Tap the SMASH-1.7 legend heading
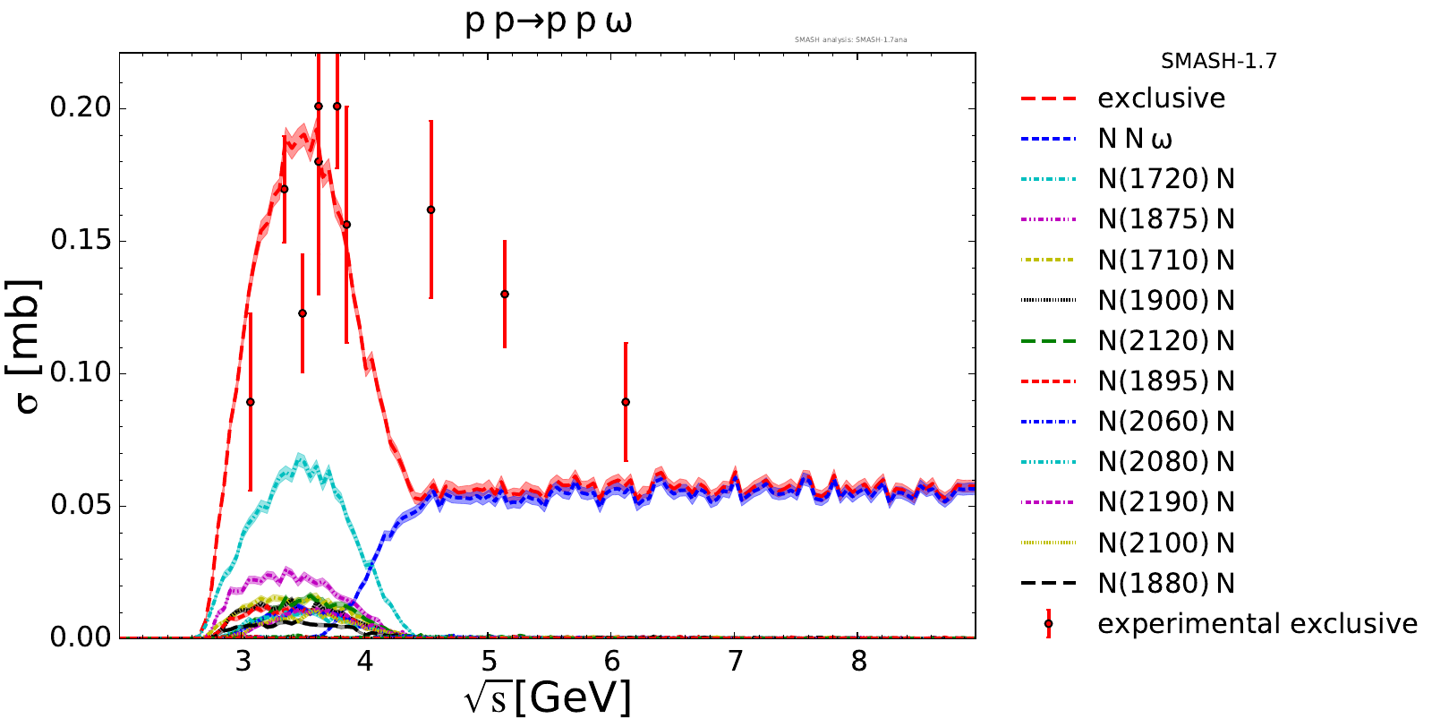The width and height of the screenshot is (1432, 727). pyautogui.click(x=1218, y=62)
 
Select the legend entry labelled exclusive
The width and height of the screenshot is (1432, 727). pyautogui.click(x=1161, y=98)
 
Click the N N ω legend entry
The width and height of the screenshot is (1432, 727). pyautogui.click(x=1135, y=139)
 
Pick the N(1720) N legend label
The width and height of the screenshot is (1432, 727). pyautogui.click(x=1165, y=179)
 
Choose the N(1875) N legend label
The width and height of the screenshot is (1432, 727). pyautogui.click(x=1165, y=219)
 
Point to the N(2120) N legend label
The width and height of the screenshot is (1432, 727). pyautogui.click(x=1165, y=341)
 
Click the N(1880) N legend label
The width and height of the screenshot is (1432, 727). pyautogui.click(x=1165, y=584)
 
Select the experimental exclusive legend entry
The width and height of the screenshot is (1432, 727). pyautogui.click(x=1257, y=624)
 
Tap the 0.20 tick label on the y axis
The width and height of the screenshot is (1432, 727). pyautogui.click(x=81, y=107)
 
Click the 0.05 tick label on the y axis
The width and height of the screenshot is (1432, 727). pyautogui.click(x=81, y=505)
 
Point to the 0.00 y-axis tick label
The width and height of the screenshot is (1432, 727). pyautogui.click(x=81, y=637)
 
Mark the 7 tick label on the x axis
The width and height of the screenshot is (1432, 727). pyautogui.click(x=735, y=661)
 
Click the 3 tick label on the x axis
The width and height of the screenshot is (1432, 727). pyautogui.click(x=242, y=661)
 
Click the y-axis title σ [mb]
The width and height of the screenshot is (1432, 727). pyautogui.click(x=29, y=346)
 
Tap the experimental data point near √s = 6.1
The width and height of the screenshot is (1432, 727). pyautogui.click(x=626, y=402)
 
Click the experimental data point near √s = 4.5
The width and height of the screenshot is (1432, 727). pyautogui.click(x=430, y=210)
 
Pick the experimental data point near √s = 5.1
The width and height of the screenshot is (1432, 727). pyautogui.click(x=505, y=294)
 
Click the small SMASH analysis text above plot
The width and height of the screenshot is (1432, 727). pyautogui.click(x=850, y=39)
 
